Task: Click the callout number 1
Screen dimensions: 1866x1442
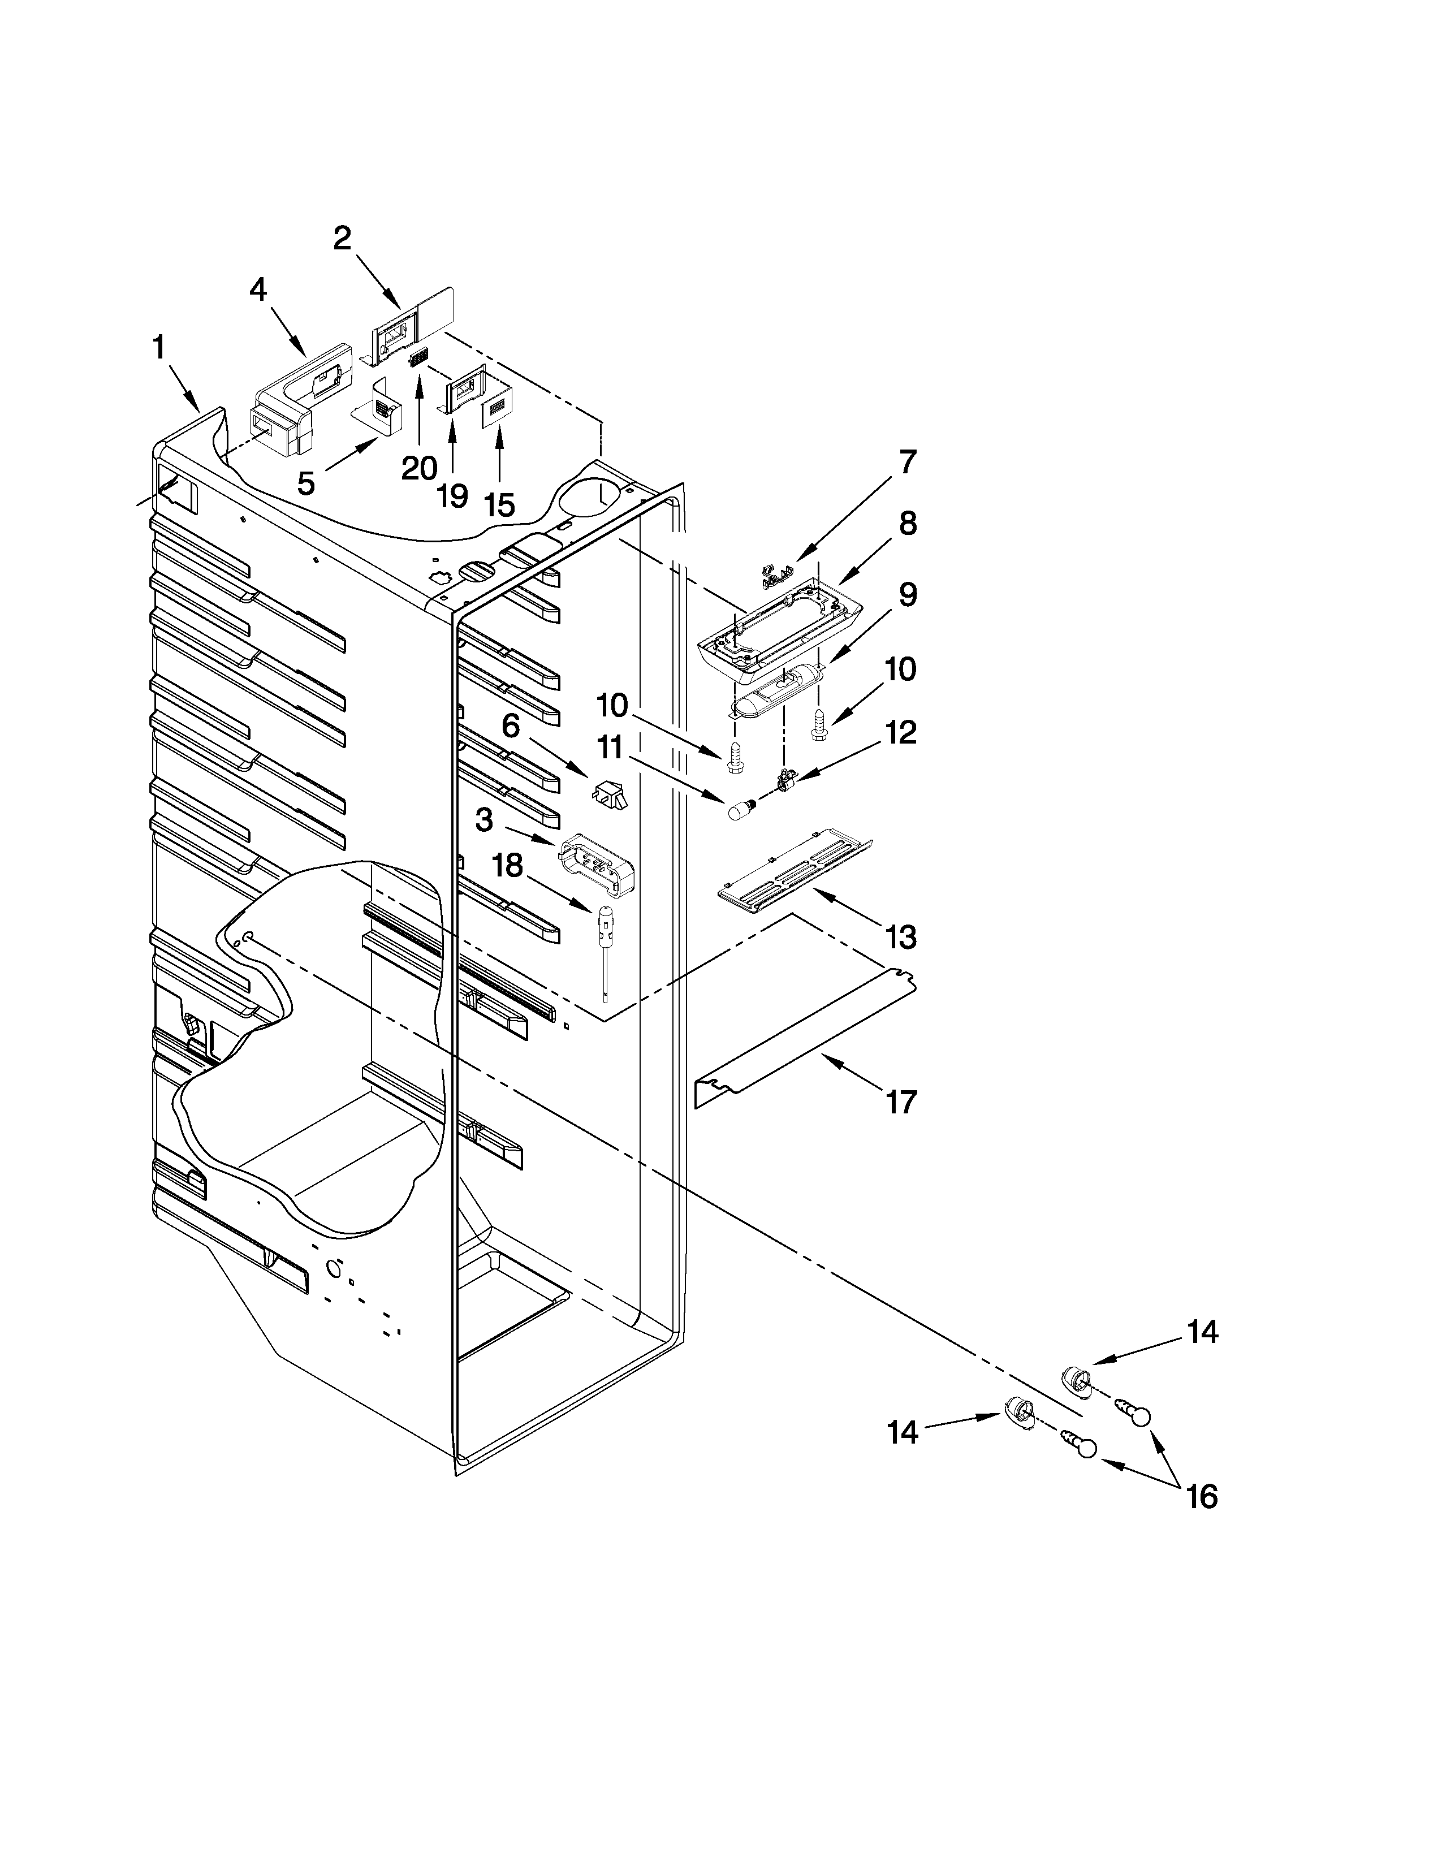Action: (x=159, y=348)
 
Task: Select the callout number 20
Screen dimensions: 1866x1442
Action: (x=420, y=468)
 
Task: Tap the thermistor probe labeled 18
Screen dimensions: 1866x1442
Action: (x=605, y=940)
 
